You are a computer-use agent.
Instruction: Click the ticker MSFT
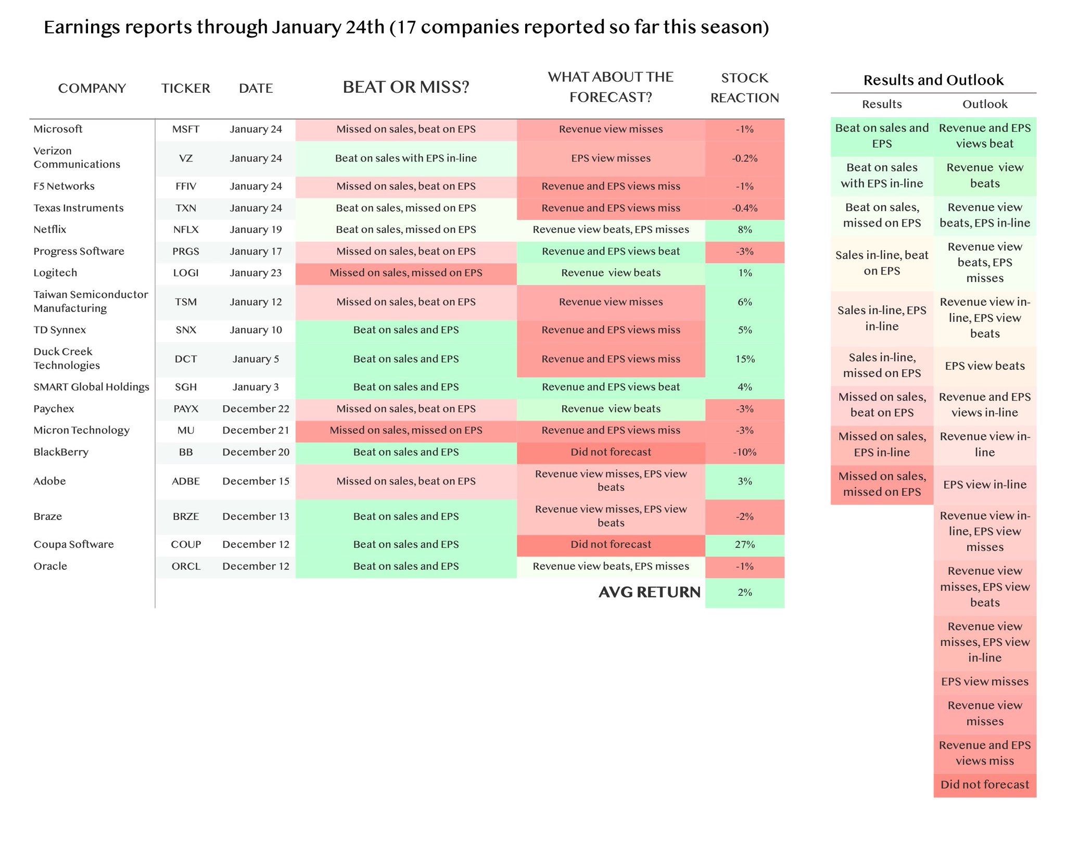tap(186, 129)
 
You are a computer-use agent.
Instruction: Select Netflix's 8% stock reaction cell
tap(745, 230)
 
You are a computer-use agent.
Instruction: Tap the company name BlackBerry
tap(61, 452)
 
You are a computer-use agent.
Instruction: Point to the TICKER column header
tap(186, 88)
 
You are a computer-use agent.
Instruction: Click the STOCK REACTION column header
tap(745, 88)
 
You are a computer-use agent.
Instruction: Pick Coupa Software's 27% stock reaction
tap(745, 545)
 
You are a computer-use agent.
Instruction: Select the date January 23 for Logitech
tap(256, 273)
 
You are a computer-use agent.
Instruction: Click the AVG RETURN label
tap(650, 592)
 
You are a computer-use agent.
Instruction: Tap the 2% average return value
tap(745, 593)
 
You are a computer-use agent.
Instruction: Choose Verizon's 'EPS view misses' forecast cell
tap(611, 158)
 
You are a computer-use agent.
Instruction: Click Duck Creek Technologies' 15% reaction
tap(745, 359)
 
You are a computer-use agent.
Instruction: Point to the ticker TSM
tap(186, 302)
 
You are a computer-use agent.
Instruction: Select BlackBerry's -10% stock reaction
tap(745, 453)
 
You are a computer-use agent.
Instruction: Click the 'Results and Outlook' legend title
tap(933, 80)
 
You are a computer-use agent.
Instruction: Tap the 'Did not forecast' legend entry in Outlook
tap(985, 785)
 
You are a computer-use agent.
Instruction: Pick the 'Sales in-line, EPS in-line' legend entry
tap(882, 318)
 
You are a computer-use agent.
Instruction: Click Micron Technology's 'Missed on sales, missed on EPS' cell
tap(406, 431)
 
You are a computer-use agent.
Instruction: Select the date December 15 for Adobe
tap(256, 481)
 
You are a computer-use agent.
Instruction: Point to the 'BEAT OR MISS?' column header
tap(406, 87)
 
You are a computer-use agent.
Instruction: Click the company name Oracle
tap(50, 566)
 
